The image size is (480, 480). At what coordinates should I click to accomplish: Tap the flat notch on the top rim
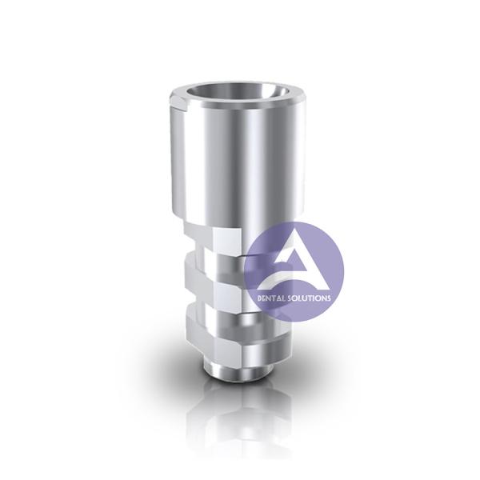180,101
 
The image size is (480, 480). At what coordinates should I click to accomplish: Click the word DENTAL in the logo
270,298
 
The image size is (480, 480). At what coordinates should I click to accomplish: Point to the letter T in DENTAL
274,298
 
